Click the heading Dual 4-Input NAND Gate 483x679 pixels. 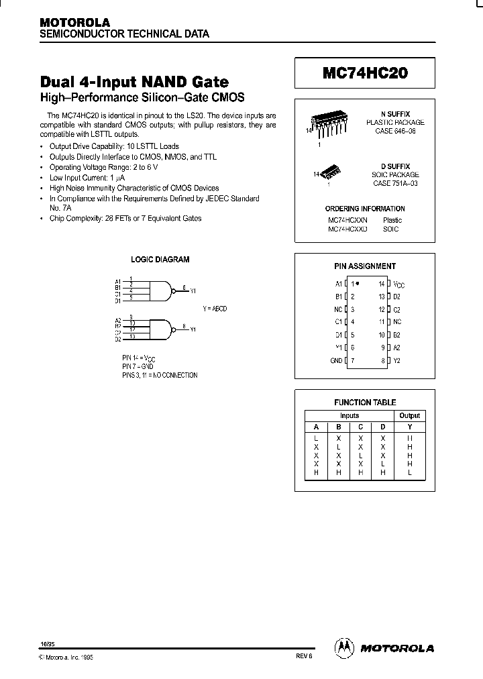(134, 82)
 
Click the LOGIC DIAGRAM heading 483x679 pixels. (160, 260)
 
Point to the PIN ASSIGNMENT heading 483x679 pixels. (365, 266)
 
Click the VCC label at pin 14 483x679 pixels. (398, 284)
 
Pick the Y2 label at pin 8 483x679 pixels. (396, 360)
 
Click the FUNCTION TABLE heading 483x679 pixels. (365, 403)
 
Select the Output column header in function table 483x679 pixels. (409, 416)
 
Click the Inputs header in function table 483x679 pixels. (350, 416)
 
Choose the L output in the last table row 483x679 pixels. (409, 472)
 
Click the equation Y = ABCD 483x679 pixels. (215, 308)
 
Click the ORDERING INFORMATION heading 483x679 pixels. (364, 209)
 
